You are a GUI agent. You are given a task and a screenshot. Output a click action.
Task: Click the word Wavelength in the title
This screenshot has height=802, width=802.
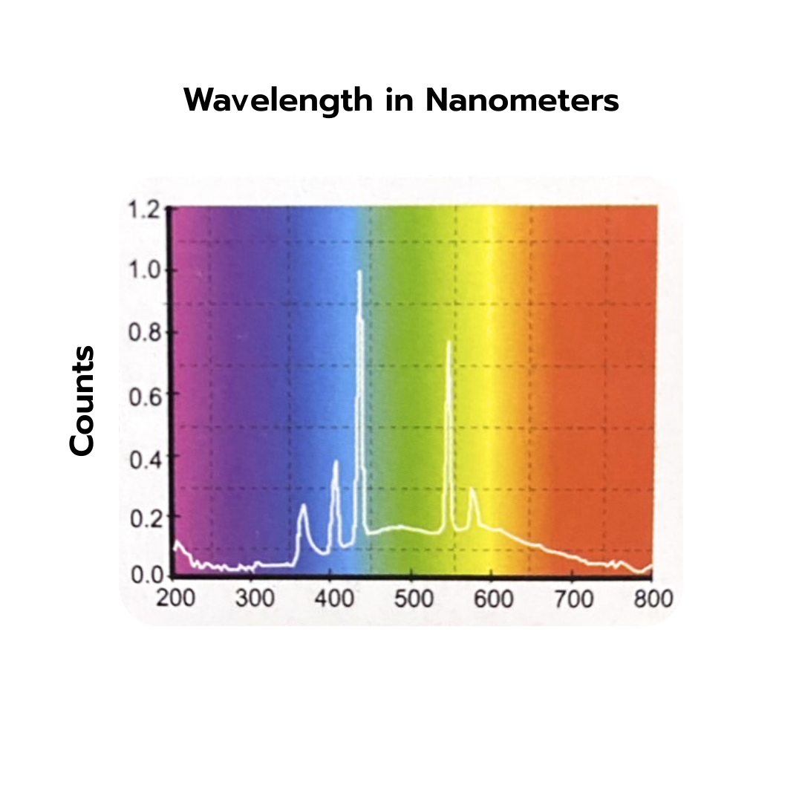click(278, 100)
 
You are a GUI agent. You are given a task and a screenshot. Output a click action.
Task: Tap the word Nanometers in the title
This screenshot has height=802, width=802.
click(522, 100)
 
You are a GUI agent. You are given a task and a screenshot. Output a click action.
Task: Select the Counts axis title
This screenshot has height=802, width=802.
click(82, 400)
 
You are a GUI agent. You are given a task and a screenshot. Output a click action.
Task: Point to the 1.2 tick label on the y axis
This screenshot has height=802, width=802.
click(145, 209)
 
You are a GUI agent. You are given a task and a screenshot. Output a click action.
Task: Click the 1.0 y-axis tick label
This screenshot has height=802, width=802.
click(145, 270)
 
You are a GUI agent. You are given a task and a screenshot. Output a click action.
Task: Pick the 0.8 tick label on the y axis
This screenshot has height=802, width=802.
click(145, 332)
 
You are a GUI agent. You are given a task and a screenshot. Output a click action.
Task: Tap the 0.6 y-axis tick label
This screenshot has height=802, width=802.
click(145, 394)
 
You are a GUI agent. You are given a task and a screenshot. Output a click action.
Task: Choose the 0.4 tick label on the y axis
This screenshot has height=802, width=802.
click(145, 455)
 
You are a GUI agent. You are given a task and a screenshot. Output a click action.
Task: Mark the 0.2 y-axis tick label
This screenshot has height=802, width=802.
click(145, 516)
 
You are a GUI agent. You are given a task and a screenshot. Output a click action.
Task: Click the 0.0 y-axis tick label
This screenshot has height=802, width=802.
click(145, 576)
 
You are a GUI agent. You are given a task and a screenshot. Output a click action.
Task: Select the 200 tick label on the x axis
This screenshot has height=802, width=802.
click(175, 598)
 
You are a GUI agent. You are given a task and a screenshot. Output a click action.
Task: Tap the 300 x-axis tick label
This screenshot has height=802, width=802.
click(255, 598)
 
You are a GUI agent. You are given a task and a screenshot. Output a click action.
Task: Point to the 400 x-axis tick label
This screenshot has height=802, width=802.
click(335, 598)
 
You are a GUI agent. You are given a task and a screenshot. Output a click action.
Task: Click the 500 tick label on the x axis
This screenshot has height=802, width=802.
click(414, 598)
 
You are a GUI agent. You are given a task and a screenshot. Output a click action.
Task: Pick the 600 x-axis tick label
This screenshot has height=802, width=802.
click(494, 598)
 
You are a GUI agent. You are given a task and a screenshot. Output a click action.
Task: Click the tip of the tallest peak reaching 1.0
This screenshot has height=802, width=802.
click(359, 271)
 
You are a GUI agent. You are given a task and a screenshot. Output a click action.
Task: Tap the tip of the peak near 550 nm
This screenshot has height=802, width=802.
click(449, 342)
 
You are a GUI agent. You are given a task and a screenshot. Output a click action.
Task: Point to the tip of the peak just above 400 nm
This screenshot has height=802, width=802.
click(336, 462)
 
